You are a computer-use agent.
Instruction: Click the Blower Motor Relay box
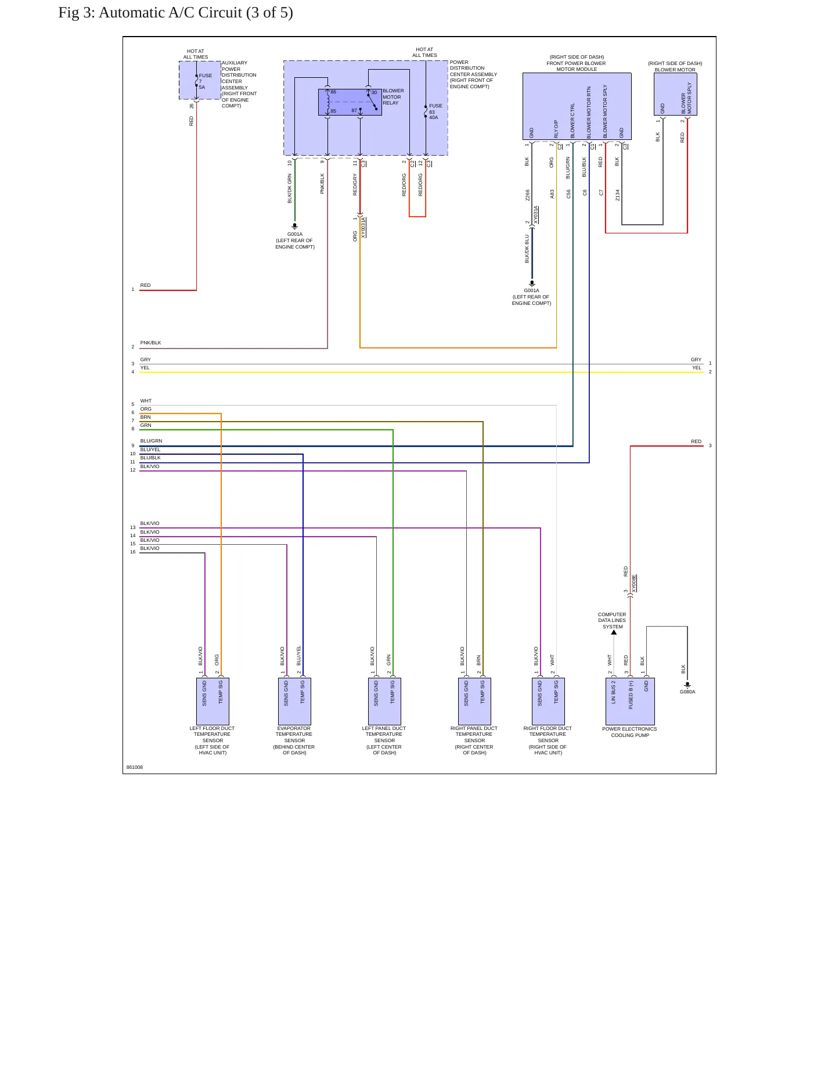(x=350, y=102)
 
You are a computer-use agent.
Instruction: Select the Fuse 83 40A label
(x=435, y=112)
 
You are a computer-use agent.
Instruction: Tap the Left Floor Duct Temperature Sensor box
(x=213, y=701)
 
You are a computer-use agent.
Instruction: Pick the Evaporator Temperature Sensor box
(x=294, y=701)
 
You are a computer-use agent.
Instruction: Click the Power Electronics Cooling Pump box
(x=630, y=701)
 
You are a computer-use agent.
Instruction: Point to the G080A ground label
(x=687, y=692)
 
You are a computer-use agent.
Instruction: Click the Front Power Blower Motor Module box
(x=577, y=106)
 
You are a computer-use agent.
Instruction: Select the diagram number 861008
(x=135, y=767)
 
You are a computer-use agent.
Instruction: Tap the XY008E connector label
(x=634, y=583)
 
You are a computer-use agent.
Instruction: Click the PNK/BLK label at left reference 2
(x=150, y=343)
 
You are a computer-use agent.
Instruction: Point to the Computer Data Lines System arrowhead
(x=614, y=632)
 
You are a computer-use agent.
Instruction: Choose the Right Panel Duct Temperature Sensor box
(x=474, y=701)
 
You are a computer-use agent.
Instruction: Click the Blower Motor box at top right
(x=675, y=94)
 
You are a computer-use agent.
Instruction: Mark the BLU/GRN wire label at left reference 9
(x=151, y=441)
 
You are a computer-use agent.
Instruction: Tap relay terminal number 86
(x=333, y=92)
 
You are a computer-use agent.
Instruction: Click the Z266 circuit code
(x=528, y=195)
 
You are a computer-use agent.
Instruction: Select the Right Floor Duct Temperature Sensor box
(x=548, y=701)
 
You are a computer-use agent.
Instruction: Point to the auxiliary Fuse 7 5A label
(x=205, y=81)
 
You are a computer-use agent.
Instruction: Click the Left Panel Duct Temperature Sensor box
(x=384, y=701)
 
